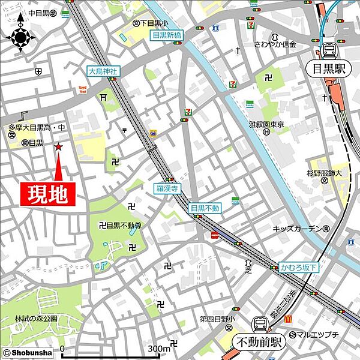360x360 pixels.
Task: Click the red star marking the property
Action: pos(59,147)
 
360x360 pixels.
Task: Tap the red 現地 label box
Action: pos(50,194)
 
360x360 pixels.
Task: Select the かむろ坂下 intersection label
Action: pos(299,268)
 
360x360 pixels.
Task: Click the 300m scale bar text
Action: pos(159,349)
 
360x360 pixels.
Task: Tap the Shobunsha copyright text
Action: pos(23,353)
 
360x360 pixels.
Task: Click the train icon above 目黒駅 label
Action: pos(329,50)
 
